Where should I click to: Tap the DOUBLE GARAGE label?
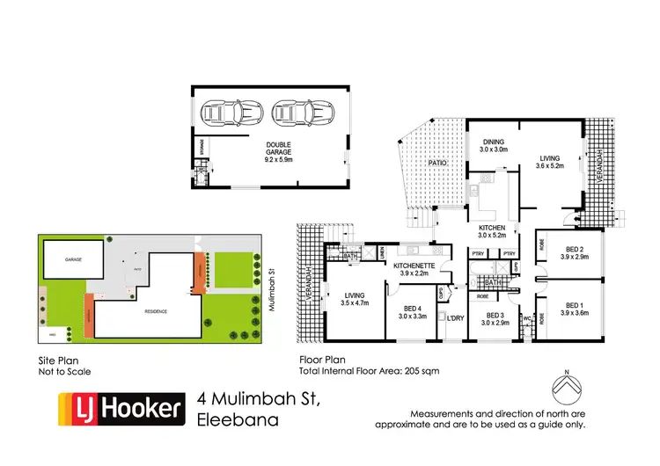click(279, 150)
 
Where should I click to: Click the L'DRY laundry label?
click(455, 317)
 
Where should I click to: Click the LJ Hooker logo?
click(121, 408)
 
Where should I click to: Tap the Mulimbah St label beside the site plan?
click(269, 286)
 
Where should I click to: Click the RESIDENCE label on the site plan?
click(146, 310)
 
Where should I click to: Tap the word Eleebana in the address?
click(238, 419)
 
